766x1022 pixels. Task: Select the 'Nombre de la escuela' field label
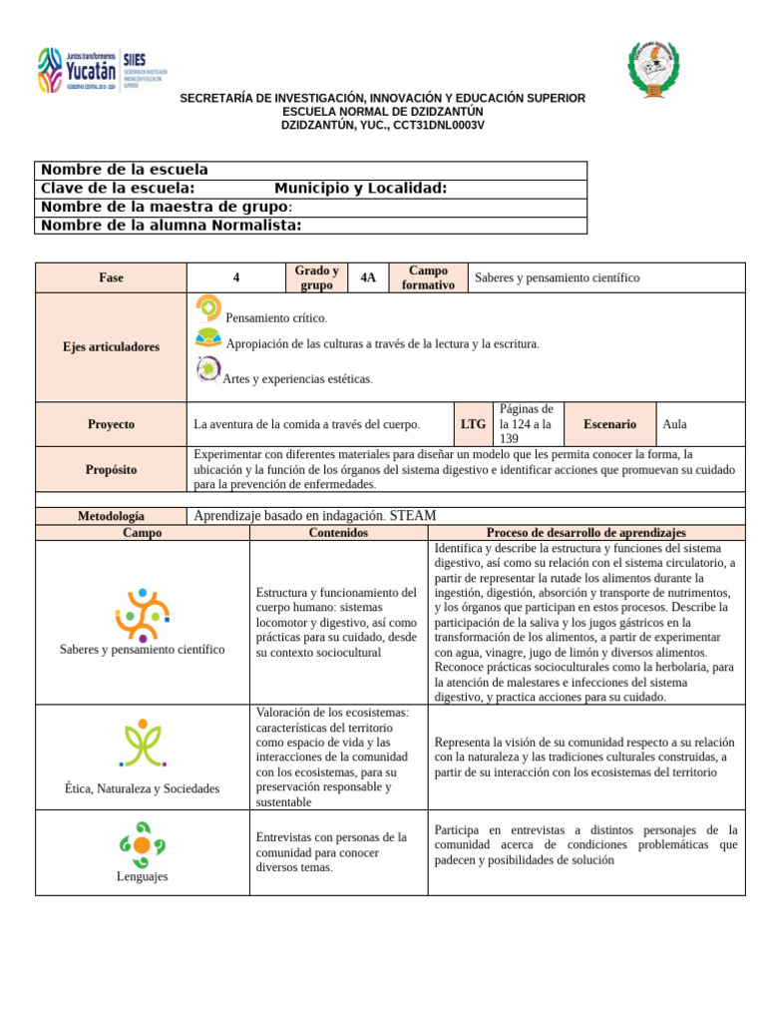click(x=125, y=171)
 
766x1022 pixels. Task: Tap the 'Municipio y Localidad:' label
click(x=360, y=189)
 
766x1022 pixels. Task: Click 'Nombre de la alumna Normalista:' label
click(x=171, y=226)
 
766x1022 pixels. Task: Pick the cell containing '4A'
click(x=368, y=278)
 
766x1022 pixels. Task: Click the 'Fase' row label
click(x=111, y=278)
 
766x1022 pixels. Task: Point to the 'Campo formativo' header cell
click(x=428, y=278)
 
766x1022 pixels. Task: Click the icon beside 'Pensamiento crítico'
click(x=208, y=308)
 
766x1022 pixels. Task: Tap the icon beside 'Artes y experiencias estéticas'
click(x=208, y=369)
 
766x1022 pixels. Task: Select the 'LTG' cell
click(x=474, y=424)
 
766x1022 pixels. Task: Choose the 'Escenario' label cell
click(x=609, y=424)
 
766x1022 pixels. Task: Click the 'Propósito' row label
click(x=111, y=469)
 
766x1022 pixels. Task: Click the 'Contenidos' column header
click(x=338, y=533)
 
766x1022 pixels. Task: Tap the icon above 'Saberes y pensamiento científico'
click(x=142, y=615)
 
